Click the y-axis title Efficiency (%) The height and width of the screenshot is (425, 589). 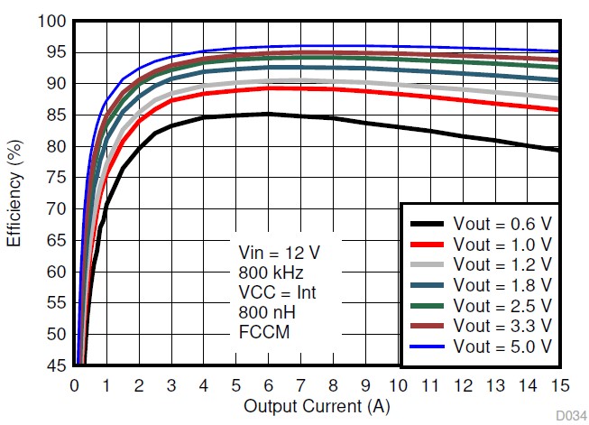(14, 193)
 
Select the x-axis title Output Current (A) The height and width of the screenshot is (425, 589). (317, 407)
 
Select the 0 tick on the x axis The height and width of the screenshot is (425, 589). (75, 384)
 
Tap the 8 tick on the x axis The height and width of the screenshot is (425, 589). (333, 384)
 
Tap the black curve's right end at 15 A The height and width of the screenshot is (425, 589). (558, 151)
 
